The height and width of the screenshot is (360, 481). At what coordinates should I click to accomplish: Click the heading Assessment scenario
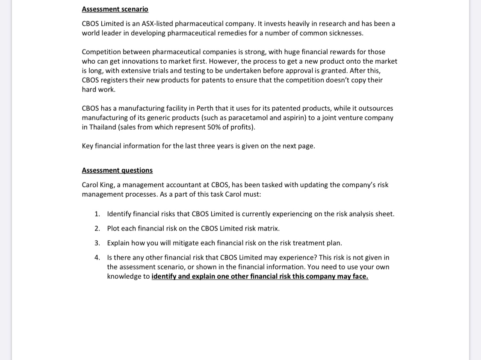(115, 9)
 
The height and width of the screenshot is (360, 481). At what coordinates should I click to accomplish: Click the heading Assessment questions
(117, 170)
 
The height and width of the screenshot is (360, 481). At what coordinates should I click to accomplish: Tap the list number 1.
(97, 214)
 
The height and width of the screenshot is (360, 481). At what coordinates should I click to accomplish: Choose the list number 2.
(97, 228)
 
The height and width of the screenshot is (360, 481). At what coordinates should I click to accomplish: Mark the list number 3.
(97, 243)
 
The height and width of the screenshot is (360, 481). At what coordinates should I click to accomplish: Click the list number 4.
(97, 257)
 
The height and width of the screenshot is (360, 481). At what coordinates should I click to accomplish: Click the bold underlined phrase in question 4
(260, 276)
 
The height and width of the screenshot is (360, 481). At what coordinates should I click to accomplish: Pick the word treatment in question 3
(305, 243)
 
